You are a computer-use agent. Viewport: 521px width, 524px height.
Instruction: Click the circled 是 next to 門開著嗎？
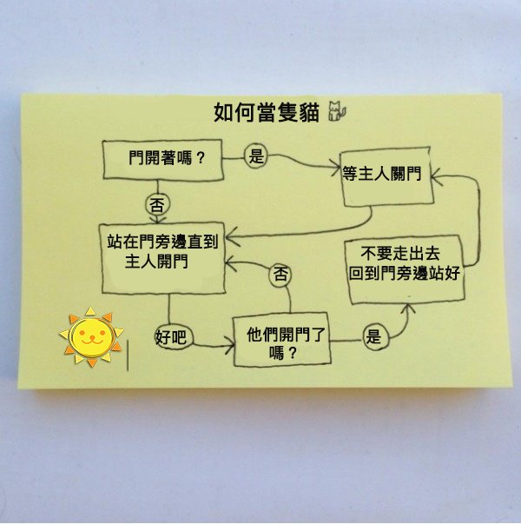coord(256,156)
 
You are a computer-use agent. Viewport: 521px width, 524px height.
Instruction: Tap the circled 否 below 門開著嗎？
coord(157,206)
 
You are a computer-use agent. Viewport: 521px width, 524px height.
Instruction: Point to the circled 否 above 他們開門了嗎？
coord(281,275)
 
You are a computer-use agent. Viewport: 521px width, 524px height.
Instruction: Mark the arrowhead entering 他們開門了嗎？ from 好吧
coord(232,346)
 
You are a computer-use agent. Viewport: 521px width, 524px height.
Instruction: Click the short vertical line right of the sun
coord(129,356)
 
